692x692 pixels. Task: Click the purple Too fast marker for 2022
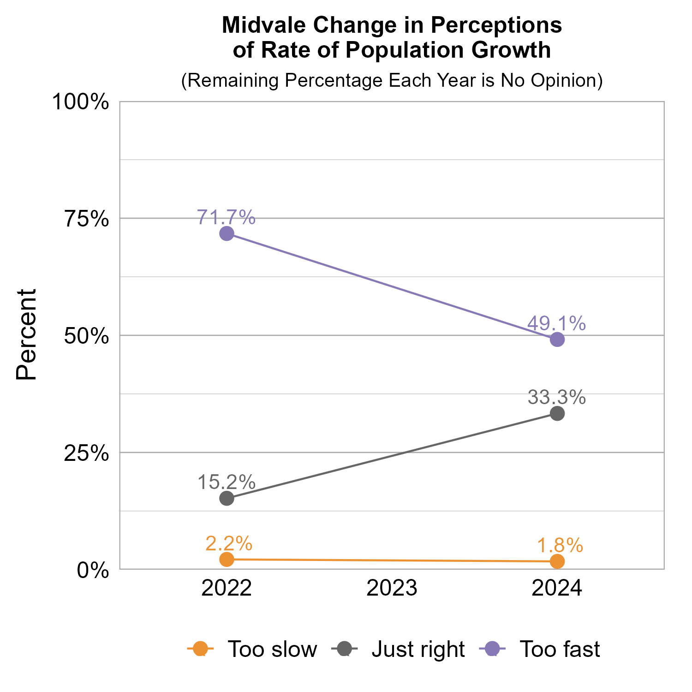tap(227, 233)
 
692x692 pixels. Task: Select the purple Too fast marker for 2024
tap(557, 340)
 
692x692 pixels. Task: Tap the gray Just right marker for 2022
tap(227, 498)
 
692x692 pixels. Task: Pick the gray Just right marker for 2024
tap(557, 413)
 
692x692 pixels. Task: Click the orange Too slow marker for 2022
tap(227, 559)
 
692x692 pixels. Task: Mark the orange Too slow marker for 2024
tap(557, 561)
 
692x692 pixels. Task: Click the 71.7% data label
tap(227, 217)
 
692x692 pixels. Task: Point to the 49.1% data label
tap(557, 323)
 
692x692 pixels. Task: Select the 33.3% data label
tap(557, 397)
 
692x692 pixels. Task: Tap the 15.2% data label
tap(227, 482)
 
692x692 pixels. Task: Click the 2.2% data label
tap(229, 543)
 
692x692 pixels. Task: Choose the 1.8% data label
tap(560, 546)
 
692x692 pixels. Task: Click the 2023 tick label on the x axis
tap(392, 589)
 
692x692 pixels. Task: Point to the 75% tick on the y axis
tap(86, 219)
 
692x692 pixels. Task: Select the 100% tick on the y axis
tap(81, 102)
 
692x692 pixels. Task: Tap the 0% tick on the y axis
tap(93, 570)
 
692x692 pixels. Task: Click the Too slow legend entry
tap(252, 649)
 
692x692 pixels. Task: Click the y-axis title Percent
tap(26, 335)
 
